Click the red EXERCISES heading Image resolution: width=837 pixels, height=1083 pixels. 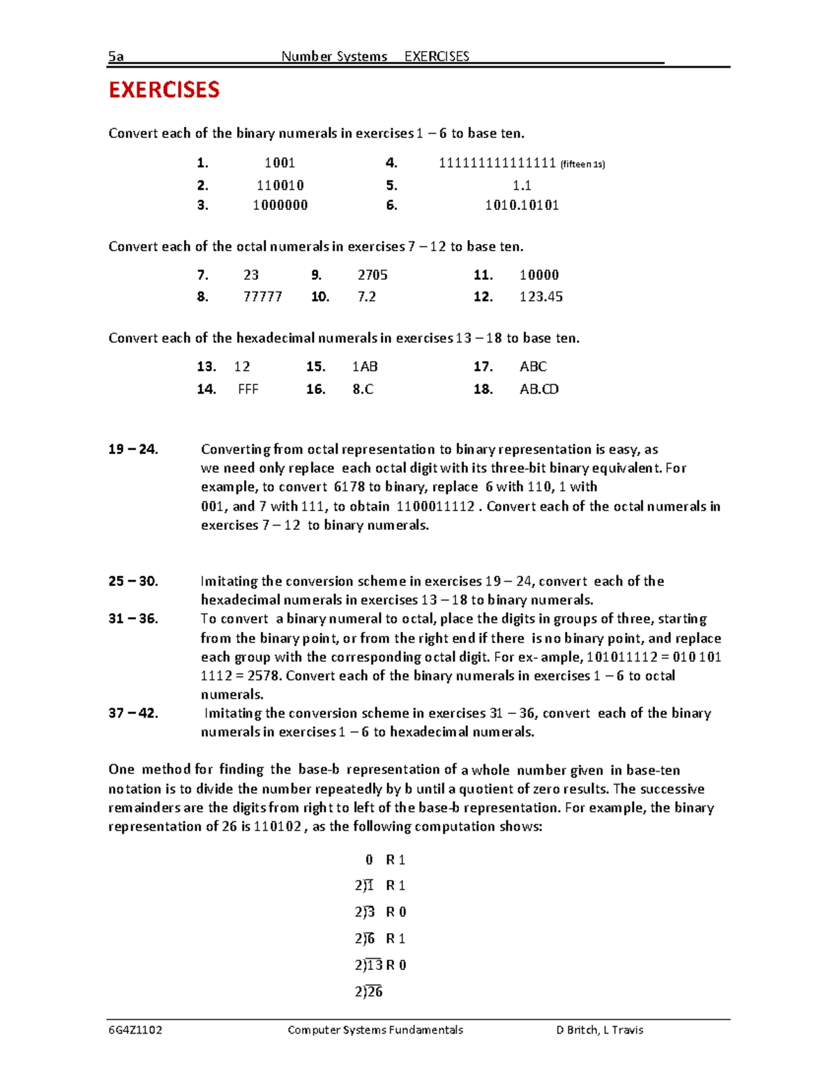[164, 90]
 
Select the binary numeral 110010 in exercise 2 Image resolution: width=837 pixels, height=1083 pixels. [280, 185]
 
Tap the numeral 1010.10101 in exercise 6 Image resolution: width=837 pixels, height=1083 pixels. [522, 205]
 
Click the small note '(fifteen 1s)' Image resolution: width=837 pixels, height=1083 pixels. [582, 165]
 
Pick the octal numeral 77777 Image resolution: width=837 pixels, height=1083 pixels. [262, 297]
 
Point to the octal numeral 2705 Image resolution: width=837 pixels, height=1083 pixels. [372, 275]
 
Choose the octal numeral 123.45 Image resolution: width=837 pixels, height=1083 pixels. [541, 297]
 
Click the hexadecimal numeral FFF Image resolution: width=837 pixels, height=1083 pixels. [248, 389]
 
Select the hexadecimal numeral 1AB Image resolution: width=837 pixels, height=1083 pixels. [365, 367]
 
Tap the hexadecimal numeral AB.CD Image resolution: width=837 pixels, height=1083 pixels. [538, 389]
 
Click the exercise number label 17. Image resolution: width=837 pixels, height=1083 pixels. [483, 367]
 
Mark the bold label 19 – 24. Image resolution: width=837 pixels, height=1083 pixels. [133, 450]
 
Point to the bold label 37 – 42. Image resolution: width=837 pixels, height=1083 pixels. [133, 713]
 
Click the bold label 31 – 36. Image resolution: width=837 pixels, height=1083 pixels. [133, 619]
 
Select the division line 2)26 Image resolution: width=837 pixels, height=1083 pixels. [368, 992]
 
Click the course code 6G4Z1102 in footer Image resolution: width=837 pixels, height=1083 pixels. [135, 1030]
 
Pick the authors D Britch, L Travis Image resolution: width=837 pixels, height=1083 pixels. [599, 1030]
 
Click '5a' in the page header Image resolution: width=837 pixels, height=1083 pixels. [116, 57]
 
